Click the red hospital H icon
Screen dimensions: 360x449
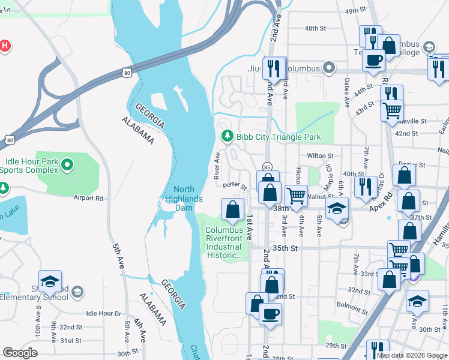4,46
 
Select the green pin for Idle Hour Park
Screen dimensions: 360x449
67,164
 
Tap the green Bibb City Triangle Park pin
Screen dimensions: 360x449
227,137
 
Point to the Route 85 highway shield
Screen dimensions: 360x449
267,166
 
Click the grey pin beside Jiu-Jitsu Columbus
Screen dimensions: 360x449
328,68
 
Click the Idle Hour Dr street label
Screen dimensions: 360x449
103,313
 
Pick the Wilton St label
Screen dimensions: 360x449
320,155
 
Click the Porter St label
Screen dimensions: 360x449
235,186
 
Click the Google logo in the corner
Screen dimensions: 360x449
20,353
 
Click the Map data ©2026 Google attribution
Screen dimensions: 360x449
412,355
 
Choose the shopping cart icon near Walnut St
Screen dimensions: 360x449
296,196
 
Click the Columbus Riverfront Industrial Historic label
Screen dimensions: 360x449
224,242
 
